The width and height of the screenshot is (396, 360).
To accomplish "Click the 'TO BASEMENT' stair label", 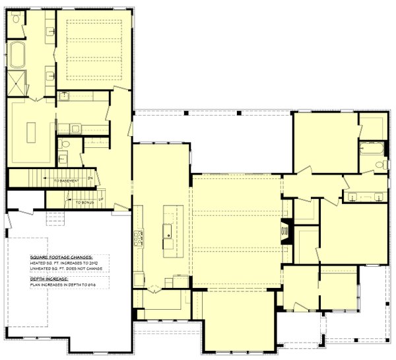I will pos(67,180).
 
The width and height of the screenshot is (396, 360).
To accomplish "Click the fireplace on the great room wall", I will pos(286,231).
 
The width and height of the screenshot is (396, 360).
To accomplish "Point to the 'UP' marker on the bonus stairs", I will pos(100,199).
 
